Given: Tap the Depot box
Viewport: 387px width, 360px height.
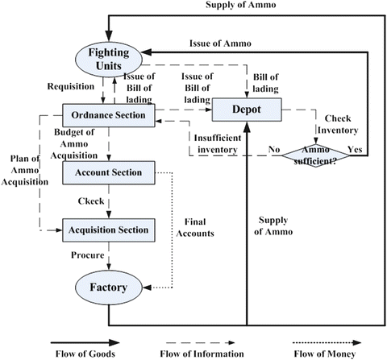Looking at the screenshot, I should coord(247,109).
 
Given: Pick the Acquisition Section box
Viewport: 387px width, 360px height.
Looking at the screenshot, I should coord(108,230).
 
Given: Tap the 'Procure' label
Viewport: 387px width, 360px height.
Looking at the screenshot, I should coord(88,256).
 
